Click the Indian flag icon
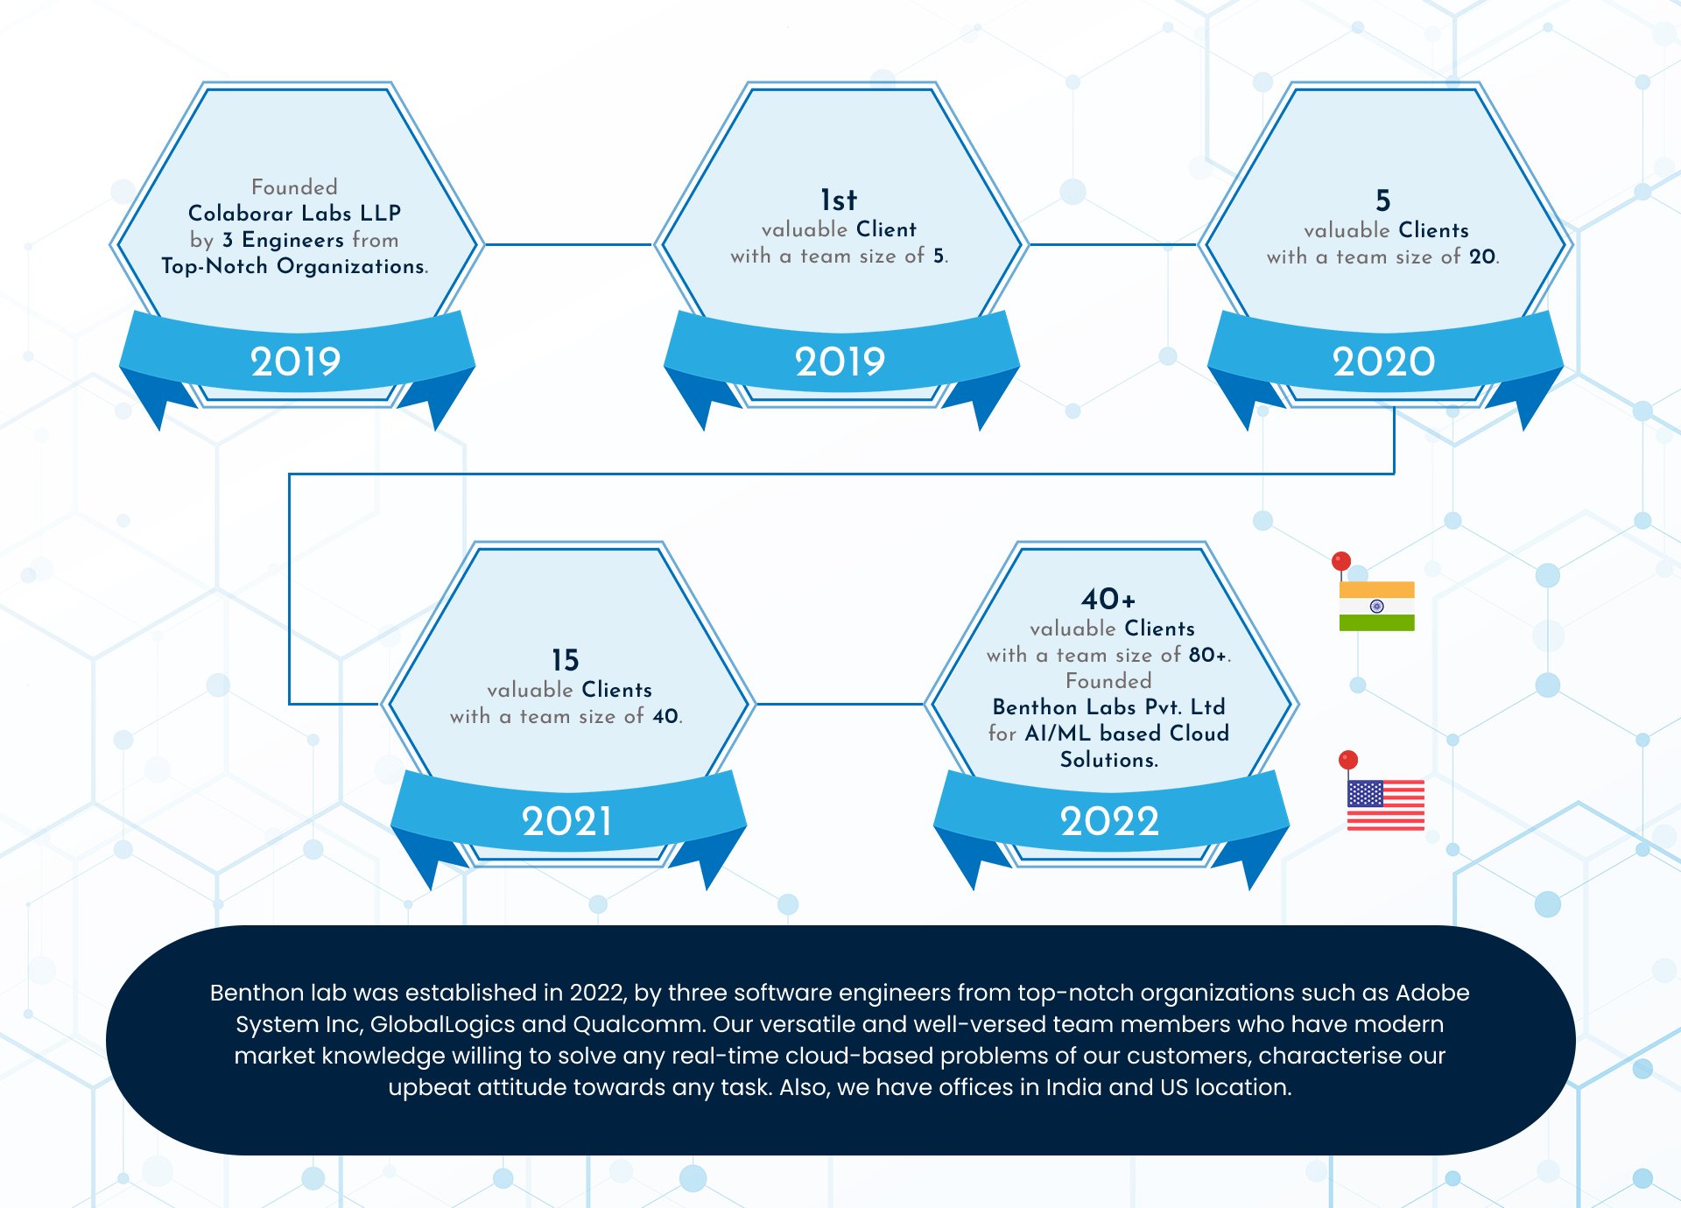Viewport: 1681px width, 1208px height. (x=1376, y=606)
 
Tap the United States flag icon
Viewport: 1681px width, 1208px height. (x=1385, y=804)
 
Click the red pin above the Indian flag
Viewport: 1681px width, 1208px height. (x=1340, y=561)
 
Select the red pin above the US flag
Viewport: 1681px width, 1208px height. (x=1348, y=760)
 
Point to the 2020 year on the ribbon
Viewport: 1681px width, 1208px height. (x=1383, y=362)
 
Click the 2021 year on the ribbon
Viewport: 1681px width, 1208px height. (x=566, y=821)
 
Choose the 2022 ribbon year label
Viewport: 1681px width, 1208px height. (x=1109, y=821)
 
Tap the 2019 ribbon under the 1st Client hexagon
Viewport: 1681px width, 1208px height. (x=840, y=362)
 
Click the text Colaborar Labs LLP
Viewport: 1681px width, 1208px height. (x=294, y=213)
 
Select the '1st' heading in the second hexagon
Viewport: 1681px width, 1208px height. (x=838, y=200)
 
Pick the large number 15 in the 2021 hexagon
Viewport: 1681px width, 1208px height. (x=565, y=659)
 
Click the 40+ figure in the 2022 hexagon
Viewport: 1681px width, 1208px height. (x=1108, y=599)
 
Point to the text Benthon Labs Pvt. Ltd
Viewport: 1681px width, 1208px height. (x=1108, y=706)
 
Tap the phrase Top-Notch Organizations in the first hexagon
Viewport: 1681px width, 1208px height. (x=294, y=266)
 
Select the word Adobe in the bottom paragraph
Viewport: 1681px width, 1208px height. (x=1432, y=993)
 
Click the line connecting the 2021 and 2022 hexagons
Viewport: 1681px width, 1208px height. (x=840, y=704)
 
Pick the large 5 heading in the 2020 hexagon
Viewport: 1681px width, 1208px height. (x=1382, y=200)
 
